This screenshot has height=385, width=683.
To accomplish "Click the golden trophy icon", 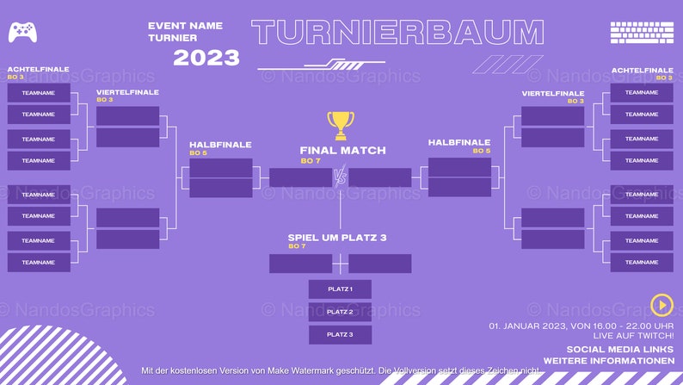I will [x=341, y=126].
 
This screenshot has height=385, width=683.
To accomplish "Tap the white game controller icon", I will [x=22, y=32].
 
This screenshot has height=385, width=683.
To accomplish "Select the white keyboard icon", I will [x=641, y=33].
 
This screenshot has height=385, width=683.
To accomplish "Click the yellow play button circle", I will [x=661, y=303].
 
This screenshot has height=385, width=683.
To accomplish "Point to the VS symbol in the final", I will [x=340, y=177].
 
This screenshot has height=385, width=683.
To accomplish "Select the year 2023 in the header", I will [x=206, y=58].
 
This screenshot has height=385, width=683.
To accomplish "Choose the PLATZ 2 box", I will [x=340, y=312].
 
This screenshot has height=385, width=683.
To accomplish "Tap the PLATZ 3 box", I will [x=340, y=335].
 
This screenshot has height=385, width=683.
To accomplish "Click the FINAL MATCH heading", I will [x=342, y=150].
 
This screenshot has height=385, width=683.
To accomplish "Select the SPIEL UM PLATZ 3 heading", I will [x=337, y=236].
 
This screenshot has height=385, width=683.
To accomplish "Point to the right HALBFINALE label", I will [x=459, y=142].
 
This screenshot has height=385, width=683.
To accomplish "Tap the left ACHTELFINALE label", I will [x=38, y=69].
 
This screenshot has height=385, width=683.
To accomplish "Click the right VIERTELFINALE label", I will [x=553, y=92].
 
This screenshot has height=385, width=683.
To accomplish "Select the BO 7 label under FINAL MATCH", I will [x=310, y=161].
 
